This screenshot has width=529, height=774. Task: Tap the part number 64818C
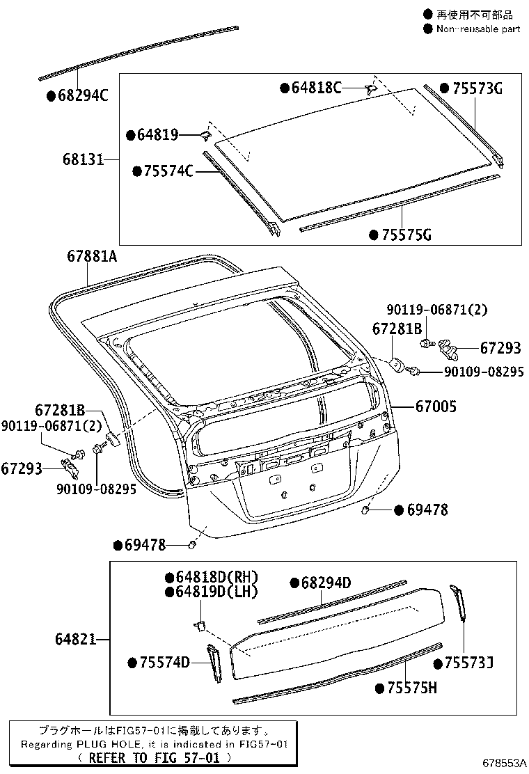tap(316, 88)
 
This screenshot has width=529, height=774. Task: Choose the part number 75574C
tap(168, 171)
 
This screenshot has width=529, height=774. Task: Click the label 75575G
tap(405, 235)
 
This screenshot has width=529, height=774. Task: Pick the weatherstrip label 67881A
tap(92, 256)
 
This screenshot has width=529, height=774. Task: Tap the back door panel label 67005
tap(436, 406)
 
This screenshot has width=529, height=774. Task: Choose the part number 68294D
tap(326, 583)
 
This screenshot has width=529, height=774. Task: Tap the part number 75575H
tap(411, 688)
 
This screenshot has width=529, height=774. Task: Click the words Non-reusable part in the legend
tap(477, 29)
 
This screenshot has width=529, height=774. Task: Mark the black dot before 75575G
tap(374, 235)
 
